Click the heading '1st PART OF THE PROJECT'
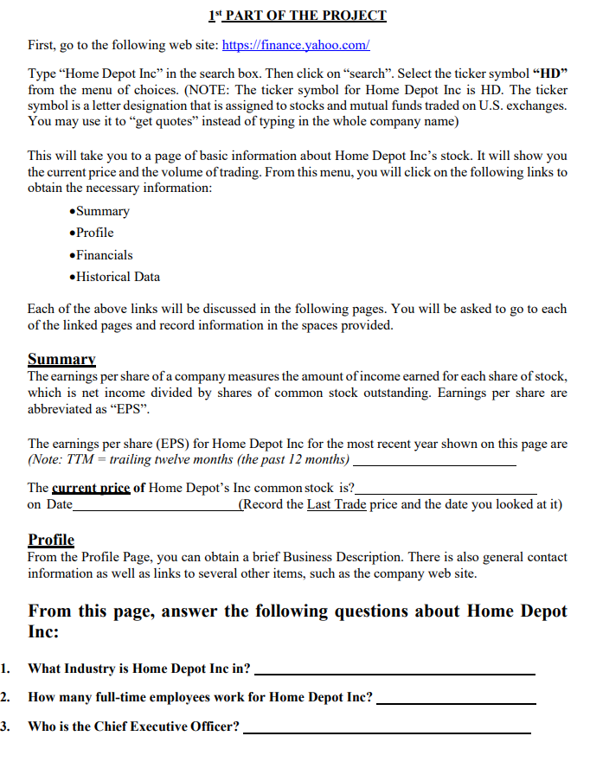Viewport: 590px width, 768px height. click(298, 16)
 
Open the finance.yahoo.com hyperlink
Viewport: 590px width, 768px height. click(296, 45)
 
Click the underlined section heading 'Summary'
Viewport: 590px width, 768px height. click(61, 359)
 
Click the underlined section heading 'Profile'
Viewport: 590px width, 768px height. click(51, 540)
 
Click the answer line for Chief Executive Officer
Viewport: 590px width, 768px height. click(387, 731)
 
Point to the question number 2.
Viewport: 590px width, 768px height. click(6, 697)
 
